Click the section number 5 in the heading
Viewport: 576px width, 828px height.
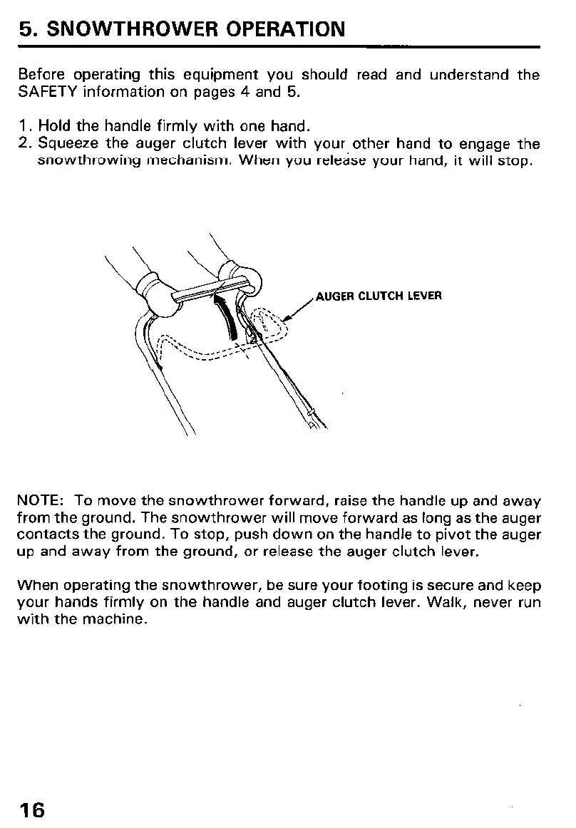tap(26, 29)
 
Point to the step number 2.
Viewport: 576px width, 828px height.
tap(23, 145)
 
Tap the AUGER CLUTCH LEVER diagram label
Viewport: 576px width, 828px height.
tap(378, 296)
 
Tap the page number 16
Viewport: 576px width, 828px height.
tap(32, 809)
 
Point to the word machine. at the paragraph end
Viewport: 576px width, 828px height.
tap(118, 620)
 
